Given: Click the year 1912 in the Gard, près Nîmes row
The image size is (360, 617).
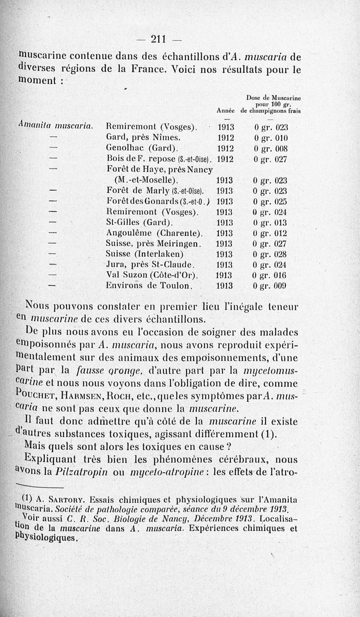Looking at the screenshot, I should [x=224, y=138].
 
